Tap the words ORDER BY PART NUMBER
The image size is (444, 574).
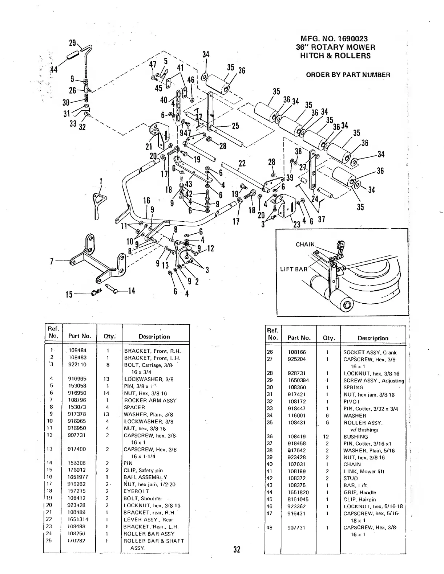pyautogui.click(x=348, y=75)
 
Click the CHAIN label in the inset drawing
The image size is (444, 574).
pyautogui.click(x=305, y=245)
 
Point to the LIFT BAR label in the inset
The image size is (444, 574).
pyautogui.click(x=293, y=269)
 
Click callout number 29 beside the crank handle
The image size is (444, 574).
pyautogui.click(x=72, y=43)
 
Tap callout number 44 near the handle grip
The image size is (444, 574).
pyautogui.click(x=54, y=70)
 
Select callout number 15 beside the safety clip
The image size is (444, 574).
pyautogui.click(x=69, y=294)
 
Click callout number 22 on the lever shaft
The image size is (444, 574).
pyautogui.click(x=242, y=164)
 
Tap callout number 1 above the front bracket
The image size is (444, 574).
pyautogui.click(x=101, y=181)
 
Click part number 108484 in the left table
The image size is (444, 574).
pyautogui.click(x=77, y=351)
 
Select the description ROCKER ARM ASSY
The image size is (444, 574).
pyautogui.click(x=150, y=401)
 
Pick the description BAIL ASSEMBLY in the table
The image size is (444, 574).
pyautogui.click(x=145, y=477)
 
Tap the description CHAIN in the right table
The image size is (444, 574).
pyautogui.click(x=352, y=464)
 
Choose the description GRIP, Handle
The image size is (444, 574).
pyautogui.click(x=360, y=492)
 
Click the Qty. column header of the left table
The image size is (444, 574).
pyautogui.click(x=109, y=336)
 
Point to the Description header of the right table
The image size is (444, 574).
pyautogui.click(x=373, y=338)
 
